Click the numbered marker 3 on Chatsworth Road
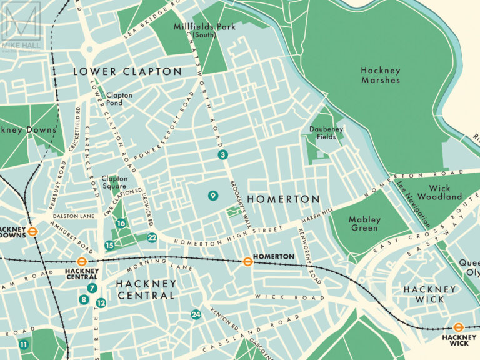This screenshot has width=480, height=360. [221, 154]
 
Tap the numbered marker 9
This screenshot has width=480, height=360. [212, 196]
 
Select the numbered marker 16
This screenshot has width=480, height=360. [121, 223]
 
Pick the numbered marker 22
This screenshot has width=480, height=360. [152, 237]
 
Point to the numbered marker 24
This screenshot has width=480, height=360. [196, 314]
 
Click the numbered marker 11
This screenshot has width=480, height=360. [24, 344]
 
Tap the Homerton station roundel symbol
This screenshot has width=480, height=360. [247, 261]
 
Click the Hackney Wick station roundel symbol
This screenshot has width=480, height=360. [458, 327]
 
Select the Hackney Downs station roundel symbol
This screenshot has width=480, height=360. [34, 231]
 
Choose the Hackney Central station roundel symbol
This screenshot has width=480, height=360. [81, 262]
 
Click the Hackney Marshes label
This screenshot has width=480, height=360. [380, 75]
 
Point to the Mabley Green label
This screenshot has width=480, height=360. [364, 224]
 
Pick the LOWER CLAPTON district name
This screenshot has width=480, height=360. [127, 71]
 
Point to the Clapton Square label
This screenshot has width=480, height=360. [114, 182]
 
